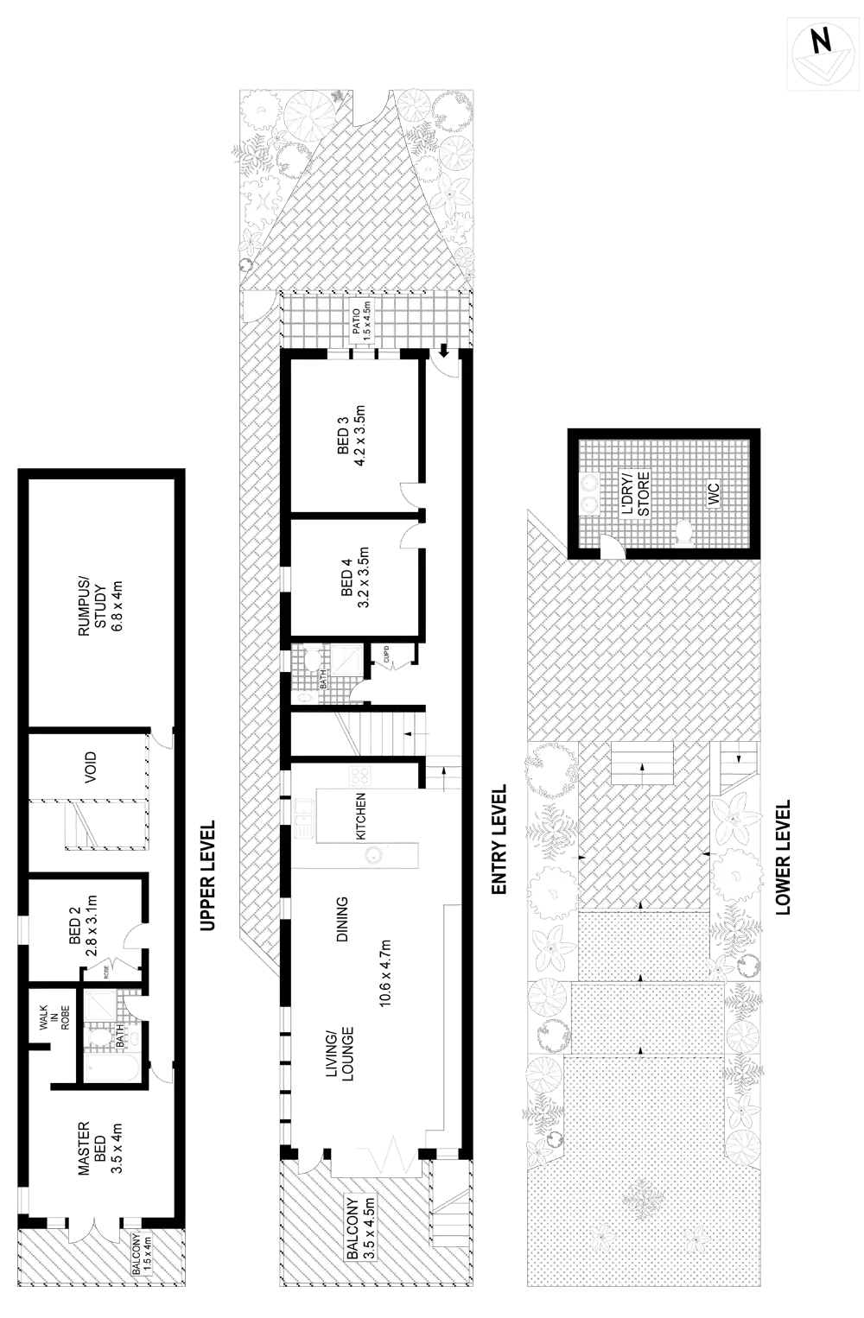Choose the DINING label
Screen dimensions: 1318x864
343,918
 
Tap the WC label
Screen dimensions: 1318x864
714,494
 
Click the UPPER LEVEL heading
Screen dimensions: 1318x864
207,874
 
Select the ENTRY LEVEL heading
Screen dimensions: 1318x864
499,840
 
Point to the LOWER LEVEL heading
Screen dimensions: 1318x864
784,857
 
